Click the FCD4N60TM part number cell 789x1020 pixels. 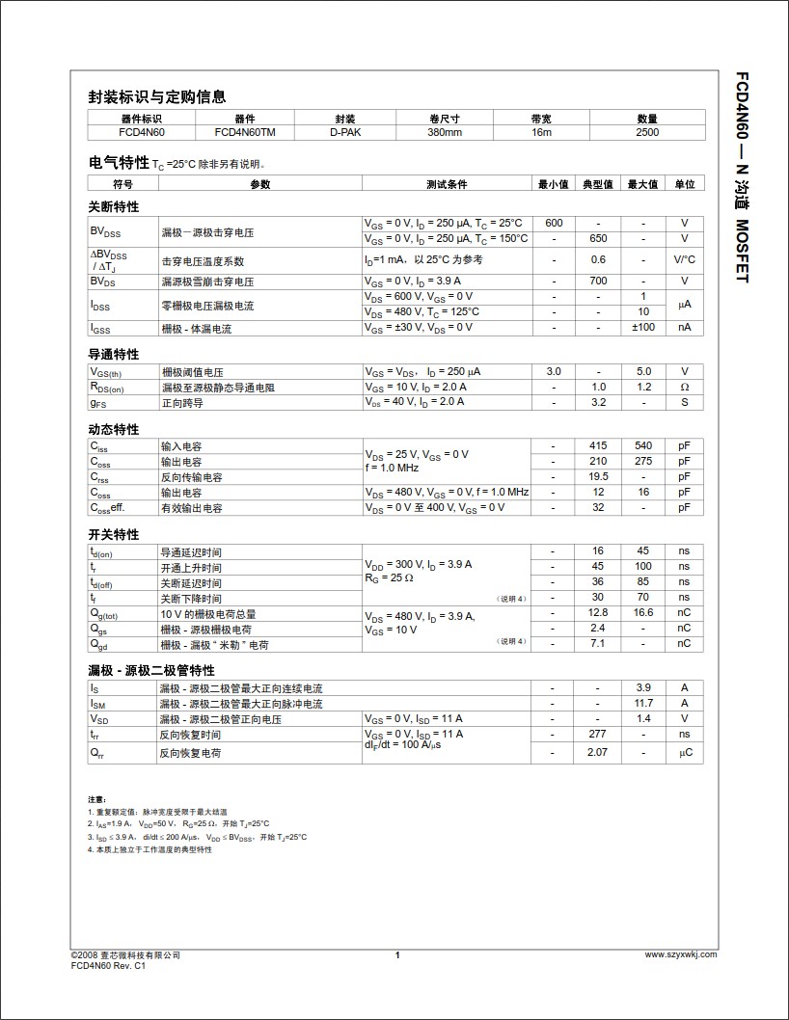245,132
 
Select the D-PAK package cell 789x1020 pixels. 345,132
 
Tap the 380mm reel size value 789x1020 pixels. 445,132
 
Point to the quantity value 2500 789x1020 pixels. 647,132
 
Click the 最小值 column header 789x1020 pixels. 554,184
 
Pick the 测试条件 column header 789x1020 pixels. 447,184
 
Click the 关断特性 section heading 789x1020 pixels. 114,206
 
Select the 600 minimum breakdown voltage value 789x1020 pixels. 554,224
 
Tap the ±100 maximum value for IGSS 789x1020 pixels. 643,328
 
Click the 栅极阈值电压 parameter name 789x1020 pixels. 192,372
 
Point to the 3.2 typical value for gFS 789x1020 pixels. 598,402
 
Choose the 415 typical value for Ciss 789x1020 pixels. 598,446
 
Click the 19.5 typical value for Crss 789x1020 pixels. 598,476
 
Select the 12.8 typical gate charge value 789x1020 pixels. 598,613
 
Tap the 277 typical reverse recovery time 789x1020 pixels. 598,735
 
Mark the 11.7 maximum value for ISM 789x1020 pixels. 643,704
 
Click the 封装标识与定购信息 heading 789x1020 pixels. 157,96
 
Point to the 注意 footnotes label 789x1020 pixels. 96,800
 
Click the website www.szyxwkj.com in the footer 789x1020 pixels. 680,955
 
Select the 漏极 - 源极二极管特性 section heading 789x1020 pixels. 151,670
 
